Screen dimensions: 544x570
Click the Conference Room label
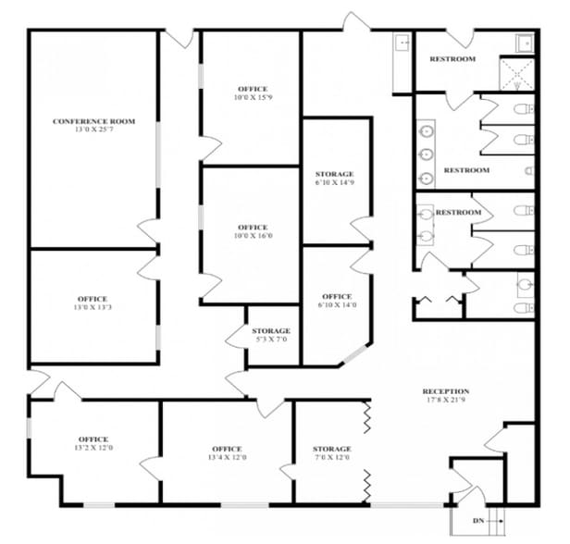pos(93,121)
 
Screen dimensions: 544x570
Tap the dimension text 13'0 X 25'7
pos(93,130)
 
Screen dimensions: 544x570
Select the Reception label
pos(445,391)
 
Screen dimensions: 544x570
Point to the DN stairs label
pos(478,522)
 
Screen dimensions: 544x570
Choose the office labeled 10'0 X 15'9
pos(253,93)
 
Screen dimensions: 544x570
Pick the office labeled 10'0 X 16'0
pos(253,231)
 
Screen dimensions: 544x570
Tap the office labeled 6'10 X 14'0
pos(337,301)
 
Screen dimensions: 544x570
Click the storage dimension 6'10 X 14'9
pos(334,183)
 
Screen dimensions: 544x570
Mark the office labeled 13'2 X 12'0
pos(93,444)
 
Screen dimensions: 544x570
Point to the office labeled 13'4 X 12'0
pos(227,453)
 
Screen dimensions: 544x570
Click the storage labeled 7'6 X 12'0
pos(331,453)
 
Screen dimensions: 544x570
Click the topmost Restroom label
pos(452,59)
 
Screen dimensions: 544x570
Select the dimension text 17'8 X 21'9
pos(445,401)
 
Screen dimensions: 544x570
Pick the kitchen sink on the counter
pos(403,43)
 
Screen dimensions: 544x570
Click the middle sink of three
pos(427,155)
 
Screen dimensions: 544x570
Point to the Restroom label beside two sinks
pos(458,213)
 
